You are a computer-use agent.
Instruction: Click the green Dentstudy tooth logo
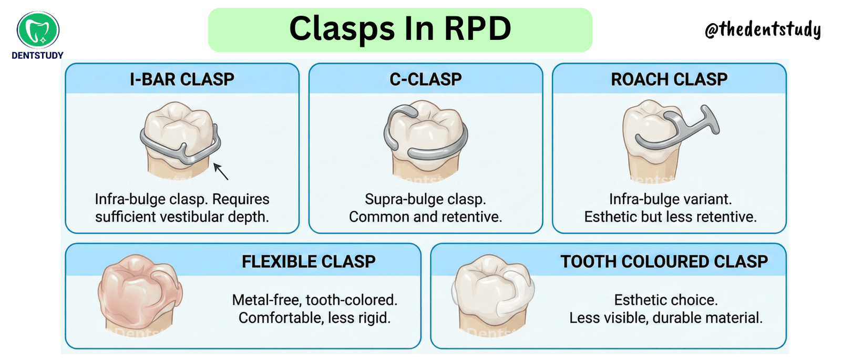(38, 29)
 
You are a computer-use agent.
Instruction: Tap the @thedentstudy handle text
(763, 29)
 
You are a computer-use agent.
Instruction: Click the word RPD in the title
(478, 28)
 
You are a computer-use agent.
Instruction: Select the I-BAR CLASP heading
(182, 79)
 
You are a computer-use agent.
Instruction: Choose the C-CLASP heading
(425, 79)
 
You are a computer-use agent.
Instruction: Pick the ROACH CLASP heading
(669, 79)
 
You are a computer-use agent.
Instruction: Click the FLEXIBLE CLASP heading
(309, 262)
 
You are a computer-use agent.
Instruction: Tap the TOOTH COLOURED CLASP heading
(664, 262)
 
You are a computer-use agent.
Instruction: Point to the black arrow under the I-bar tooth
(221, 171)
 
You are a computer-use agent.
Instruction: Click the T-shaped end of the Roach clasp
(710, 119)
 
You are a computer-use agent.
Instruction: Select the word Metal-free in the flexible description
(266, 300)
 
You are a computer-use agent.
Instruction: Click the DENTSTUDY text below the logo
(37, 56)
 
